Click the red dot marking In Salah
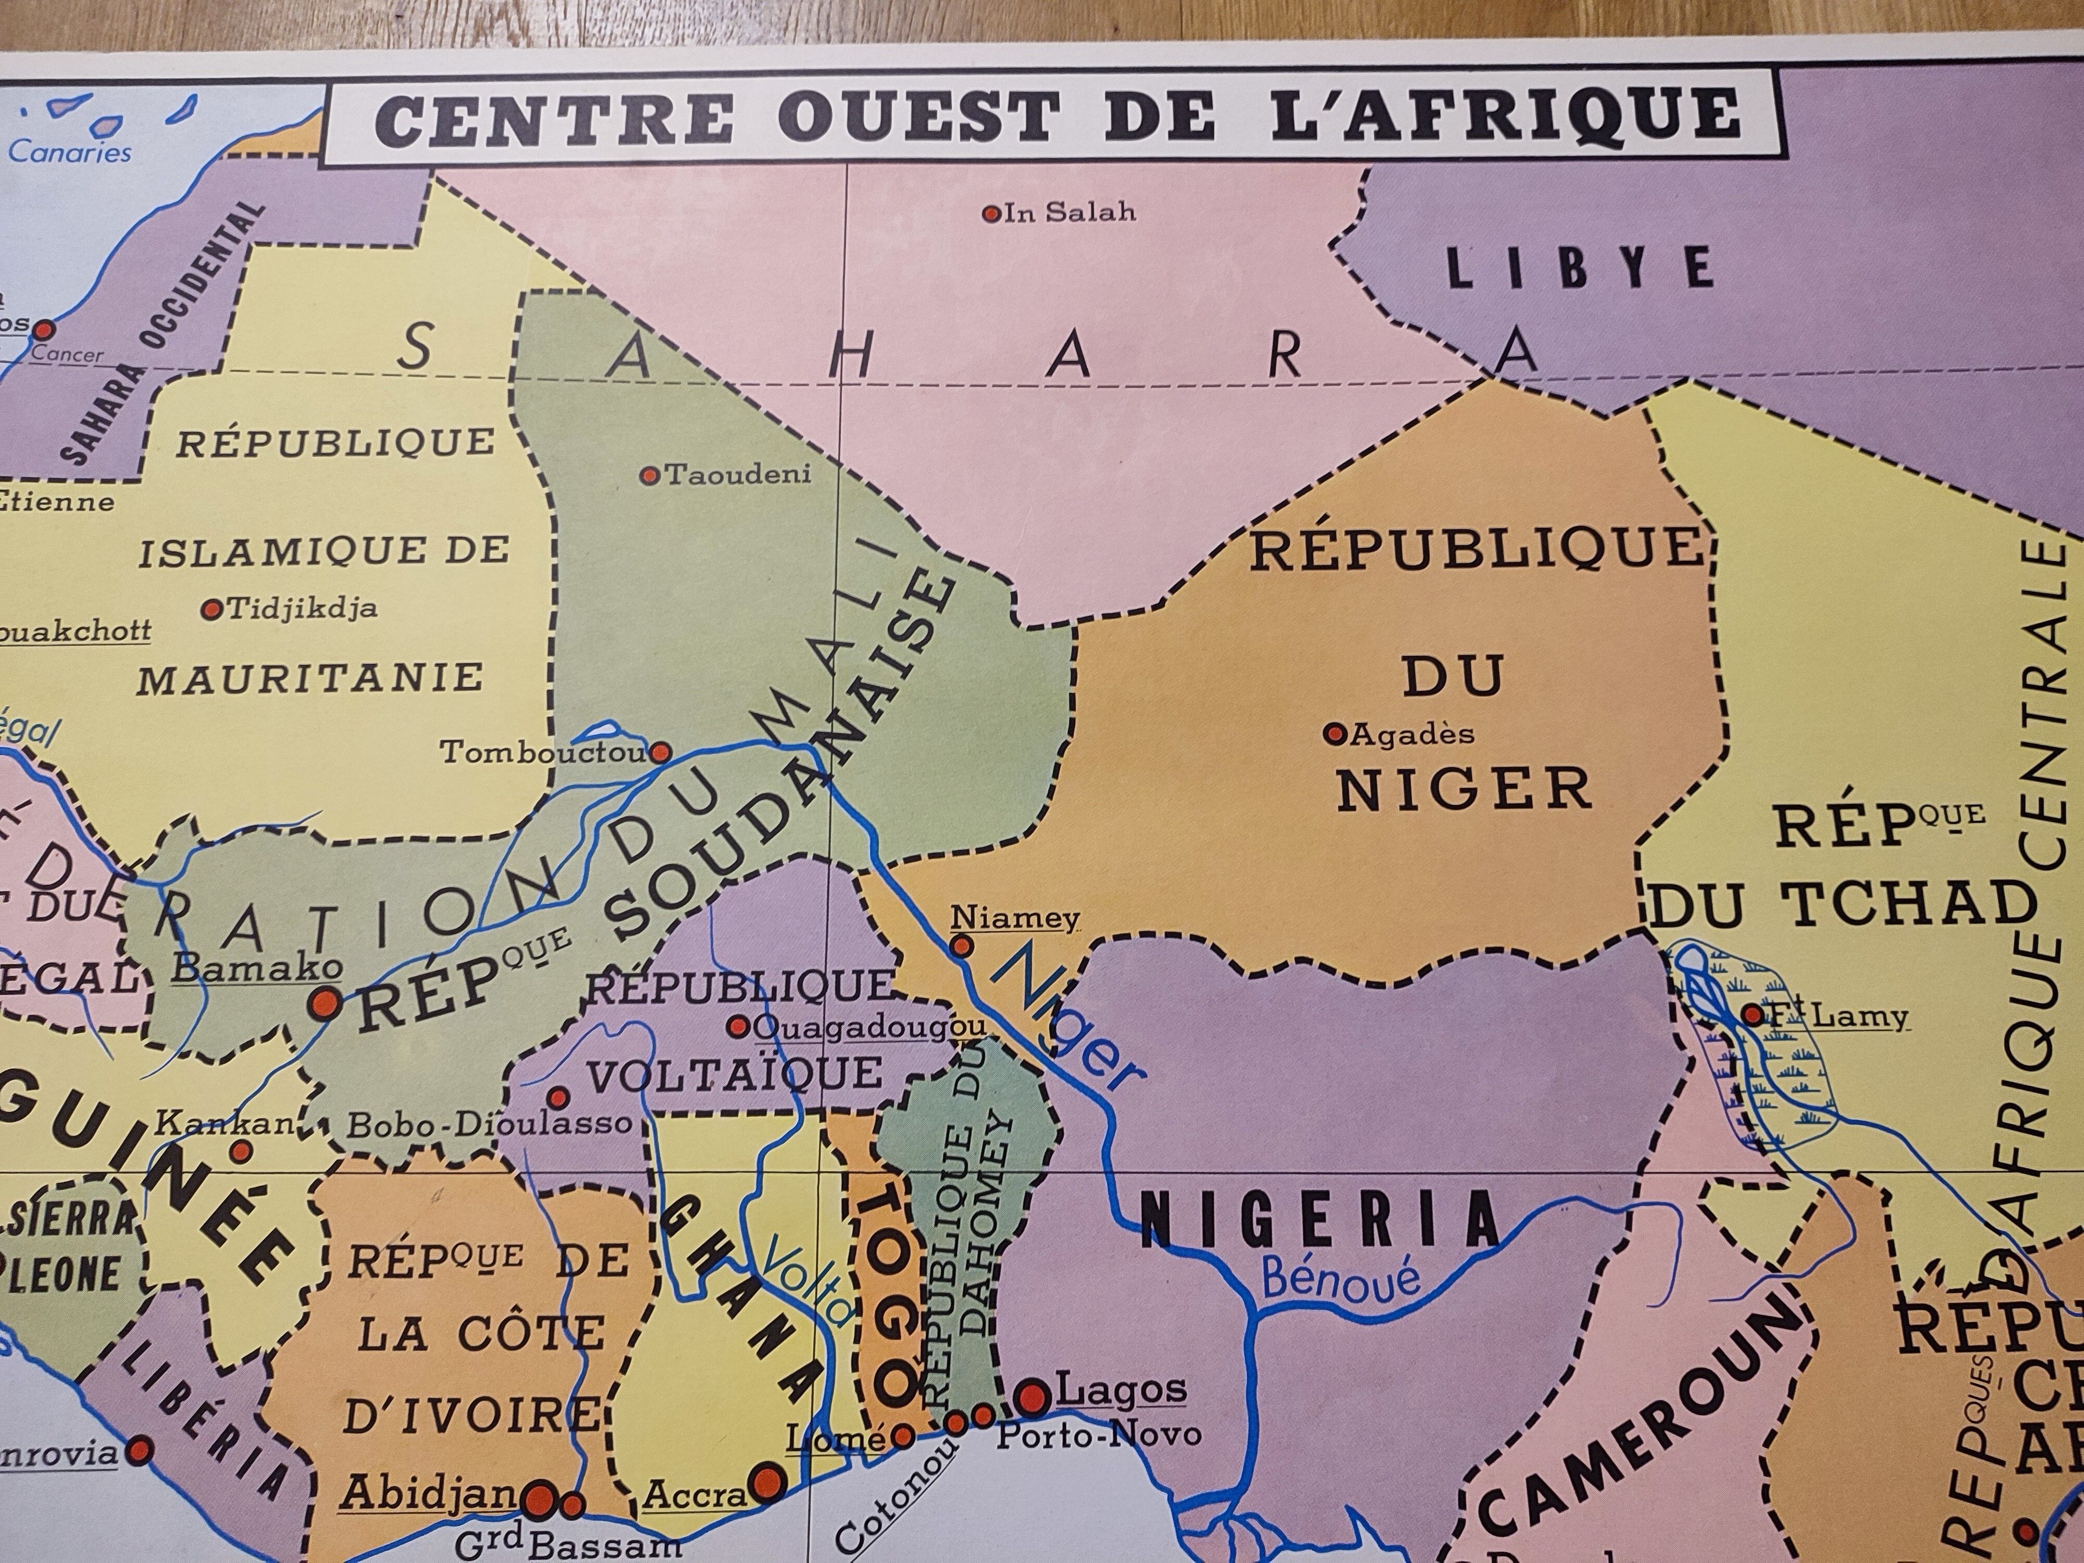point(990,214)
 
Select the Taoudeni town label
point(738,475)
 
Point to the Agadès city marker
point(1334,734)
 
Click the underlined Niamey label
point(1015,916)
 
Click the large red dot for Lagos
point(1034,1394)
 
